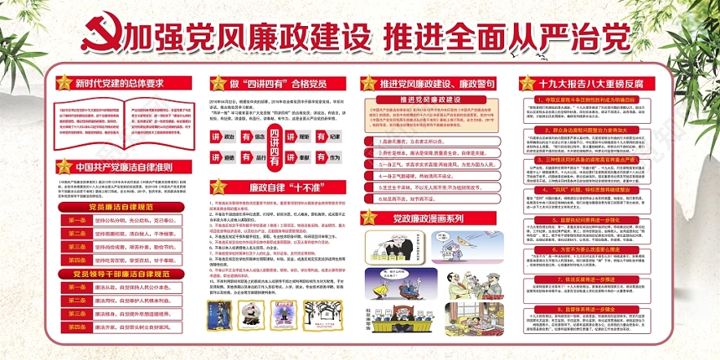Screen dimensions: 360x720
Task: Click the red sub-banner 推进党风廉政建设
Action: [429, 100]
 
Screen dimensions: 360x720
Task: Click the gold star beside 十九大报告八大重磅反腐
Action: [527, 83]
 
